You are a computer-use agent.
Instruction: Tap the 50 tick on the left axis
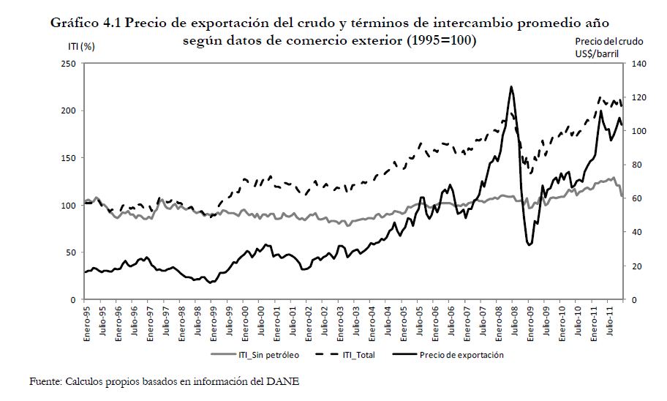coord(72,252)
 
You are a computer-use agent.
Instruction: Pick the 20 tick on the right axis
coord(633,266)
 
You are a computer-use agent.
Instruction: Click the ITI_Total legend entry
coord(361,356)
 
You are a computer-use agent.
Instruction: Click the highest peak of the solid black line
coord(510,86)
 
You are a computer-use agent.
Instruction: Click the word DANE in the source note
coord(286,381)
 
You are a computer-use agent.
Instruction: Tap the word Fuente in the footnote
coord(44,381)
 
